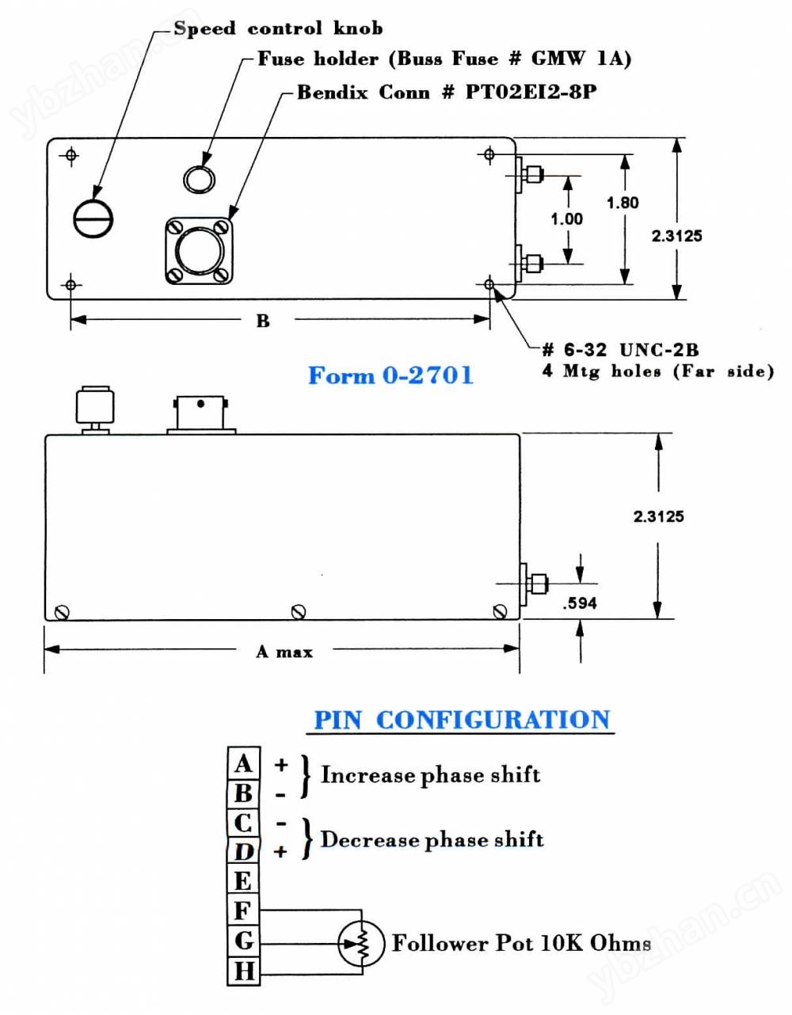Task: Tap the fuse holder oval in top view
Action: pyautogui.click(x=199, y=178)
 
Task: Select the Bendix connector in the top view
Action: pyautogui.click(x=199, y=250)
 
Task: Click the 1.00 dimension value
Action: pyautogui.click(x=567, y=219)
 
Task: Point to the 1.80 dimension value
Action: pyautogui.click(x=623, y=203)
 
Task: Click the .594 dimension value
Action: pyautogui.click(x=580, y=603)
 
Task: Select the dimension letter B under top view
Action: pyautogui.click(x=263, y=321)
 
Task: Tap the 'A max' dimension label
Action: pyautogui.click(x=284, y=652)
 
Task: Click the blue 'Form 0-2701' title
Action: pyautogui.click(x=390, y=375)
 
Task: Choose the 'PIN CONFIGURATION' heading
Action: pyautogui.click(x=462, y=720)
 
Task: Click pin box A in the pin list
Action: pyautogui.click(x=243, y=763)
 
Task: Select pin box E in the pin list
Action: pyautogui.click(x=243, y=881)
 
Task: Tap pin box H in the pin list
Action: pyautogui.click(x=243, y=971)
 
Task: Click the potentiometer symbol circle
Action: pyautogui.click(x=361, y=942)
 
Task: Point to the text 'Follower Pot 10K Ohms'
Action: pyautogui.click(x=521, y=943)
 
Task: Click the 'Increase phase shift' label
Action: pyautogui.click(x=430, y=774)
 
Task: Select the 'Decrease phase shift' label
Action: pyautogui.click(x=432, y=839)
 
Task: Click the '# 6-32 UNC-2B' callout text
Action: pyautogui.click(x=621, y=350)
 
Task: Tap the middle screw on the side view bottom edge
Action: pyautogui.click(x=298, y=611)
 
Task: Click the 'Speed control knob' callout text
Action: pyautogui.click(x=278, y=29)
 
